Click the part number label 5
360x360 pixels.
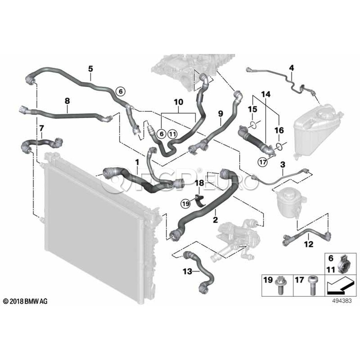pyautogui.click(x=90, y=69)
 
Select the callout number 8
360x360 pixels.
pyautogui.click(x=67, y=102)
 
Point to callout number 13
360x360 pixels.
pyautogui.click(x=188, y=271)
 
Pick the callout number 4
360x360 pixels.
pyautogui.click(x=292, y=68)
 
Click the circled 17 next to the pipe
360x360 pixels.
pyautogui.click(x=262, y=162)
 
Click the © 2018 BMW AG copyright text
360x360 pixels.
pyautogui.click(x=25, y=301)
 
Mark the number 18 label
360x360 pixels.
pyautogui.click(x=199, y=183)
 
